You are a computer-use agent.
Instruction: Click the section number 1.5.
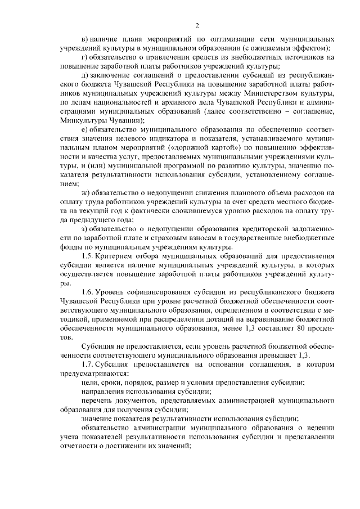(87, 256)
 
